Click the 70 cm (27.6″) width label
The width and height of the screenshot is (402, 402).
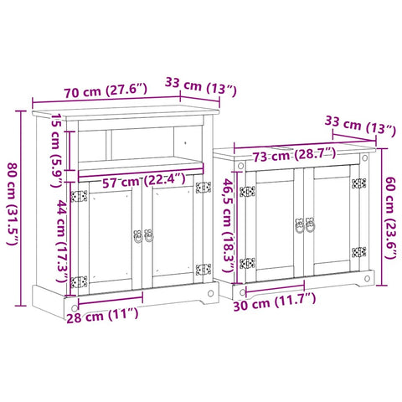point(106,90)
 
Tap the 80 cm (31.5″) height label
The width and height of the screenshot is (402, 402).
point(13,204)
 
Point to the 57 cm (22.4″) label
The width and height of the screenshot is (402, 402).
point(144,181)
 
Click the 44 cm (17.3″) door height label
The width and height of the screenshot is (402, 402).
point(63,241)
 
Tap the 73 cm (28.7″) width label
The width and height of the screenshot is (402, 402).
point(295,155)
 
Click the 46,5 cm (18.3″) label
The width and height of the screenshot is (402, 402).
point(228,225)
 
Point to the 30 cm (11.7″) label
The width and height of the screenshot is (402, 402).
point(275,301)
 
